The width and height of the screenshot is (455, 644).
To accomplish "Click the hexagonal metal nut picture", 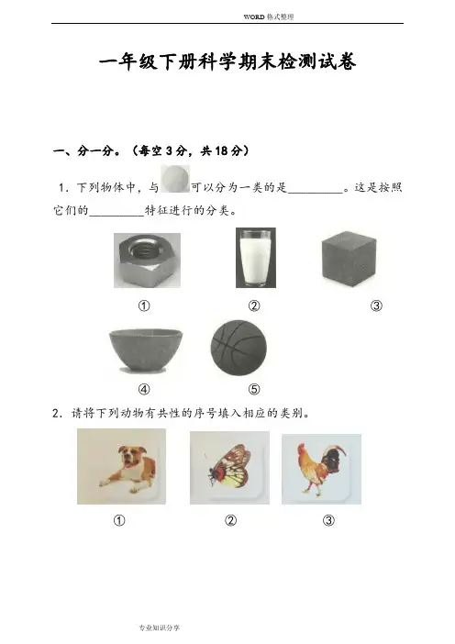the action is [147, 261].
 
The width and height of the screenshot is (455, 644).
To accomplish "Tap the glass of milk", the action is [256, 258].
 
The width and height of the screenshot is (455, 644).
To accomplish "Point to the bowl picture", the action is [146, 350].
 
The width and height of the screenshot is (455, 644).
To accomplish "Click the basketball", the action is [239, 348].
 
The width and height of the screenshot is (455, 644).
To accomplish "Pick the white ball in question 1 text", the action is [175, 179].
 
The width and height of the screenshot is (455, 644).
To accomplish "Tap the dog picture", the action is [122, 466].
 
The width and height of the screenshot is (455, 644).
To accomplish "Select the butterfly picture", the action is [229, 468].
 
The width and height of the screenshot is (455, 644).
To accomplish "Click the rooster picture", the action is [322, 469].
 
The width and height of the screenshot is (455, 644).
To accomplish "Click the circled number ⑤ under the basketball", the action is [254, 389].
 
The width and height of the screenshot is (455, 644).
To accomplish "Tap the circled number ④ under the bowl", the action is [144, 389].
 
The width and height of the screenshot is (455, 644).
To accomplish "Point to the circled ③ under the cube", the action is [376, 305].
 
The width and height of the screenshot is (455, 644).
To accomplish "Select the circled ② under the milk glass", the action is [254, 305].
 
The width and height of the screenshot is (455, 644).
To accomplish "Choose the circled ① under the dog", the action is [119, 521].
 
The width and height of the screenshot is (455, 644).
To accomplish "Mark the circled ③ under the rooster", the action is [328, 521].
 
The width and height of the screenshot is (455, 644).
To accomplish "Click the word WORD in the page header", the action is [254, 17].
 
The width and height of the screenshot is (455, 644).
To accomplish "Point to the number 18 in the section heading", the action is [221, 150].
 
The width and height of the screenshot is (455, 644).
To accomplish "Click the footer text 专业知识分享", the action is [160, 627].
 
